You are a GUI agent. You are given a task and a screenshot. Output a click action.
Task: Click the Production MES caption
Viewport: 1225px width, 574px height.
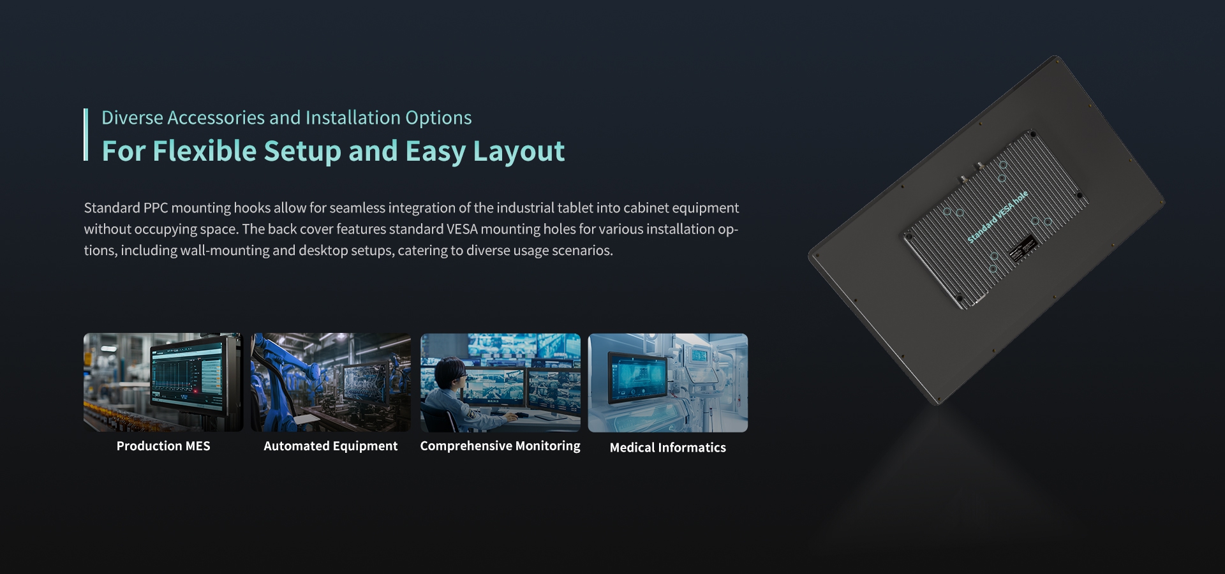(x=163, y=446)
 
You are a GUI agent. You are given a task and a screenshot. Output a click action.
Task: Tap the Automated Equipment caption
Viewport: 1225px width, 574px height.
(x=330, y=446)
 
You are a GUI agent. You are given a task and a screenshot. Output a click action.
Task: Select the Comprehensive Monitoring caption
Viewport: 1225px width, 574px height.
(x=500, y=446)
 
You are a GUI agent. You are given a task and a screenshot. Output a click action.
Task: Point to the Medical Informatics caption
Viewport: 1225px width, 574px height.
(x=668, y=448)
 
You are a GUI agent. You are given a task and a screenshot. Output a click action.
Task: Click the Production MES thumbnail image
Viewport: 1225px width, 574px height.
(x=163, y=382)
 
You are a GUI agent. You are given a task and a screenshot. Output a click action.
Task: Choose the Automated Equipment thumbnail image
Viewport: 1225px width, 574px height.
(x=330, y=382)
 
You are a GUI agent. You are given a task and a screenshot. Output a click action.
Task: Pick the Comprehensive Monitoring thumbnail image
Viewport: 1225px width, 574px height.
(x=500, y=382)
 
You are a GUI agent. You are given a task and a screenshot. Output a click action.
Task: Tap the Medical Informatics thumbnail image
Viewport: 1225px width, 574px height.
(x=668, y=382)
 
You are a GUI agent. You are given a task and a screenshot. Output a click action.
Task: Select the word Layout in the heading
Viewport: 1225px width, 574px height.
(x=519, y=152)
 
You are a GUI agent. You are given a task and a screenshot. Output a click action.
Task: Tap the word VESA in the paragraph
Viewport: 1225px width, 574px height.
(x=461, y=229)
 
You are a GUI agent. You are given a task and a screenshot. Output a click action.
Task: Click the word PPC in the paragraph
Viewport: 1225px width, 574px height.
(x=156, y=208)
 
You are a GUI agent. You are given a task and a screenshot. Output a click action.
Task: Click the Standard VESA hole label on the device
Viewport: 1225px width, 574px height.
(x=997, y=217)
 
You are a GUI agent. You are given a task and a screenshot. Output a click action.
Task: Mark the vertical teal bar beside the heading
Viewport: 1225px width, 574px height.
(x=85, y=135)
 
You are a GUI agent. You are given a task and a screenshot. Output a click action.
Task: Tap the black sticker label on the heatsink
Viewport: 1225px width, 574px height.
(x=1023, y=248)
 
